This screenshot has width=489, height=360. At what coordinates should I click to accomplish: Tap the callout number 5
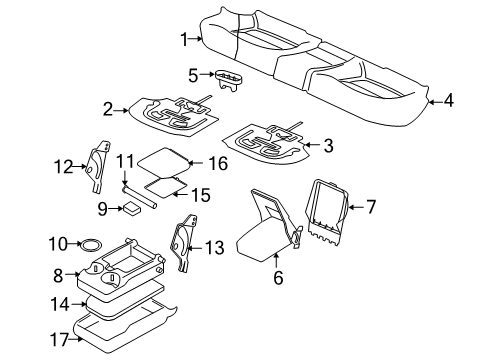pos(193,74)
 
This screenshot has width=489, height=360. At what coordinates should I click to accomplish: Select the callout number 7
pos(371,207)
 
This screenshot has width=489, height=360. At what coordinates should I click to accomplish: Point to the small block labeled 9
pos(131,208)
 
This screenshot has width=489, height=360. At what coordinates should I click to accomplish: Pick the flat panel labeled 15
pos(167,181)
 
